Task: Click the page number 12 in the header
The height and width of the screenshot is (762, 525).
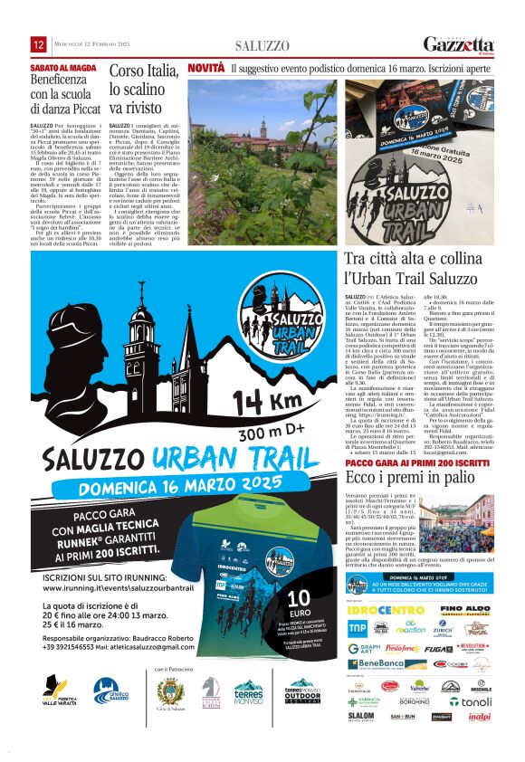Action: [x=39, y=44]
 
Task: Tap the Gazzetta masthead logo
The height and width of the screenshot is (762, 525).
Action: [x=460, y=44]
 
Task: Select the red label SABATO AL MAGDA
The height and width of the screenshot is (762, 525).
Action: [x=63, y=68]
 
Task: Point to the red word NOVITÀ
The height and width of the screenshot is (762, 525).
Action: [x=205, y=68]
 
